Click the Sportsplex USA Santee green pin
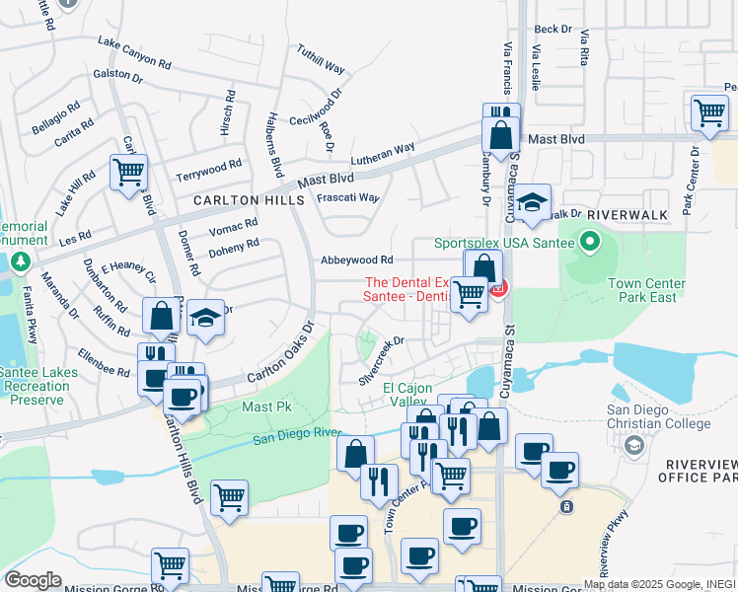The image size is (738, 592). tap(590, 241)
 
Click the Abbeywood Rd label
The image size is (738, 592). tap(356, 260)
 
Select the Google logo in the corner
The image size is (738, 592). tap(33, 580)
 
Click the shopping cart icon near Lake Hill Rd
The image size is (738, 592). tap(128, 173)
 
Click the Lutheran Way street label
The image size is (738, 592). tap(383, 156)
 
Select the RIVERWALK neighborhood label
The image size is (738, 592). tap(627, 214)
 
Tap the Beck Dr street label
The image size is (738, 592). tap(553, 30)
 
